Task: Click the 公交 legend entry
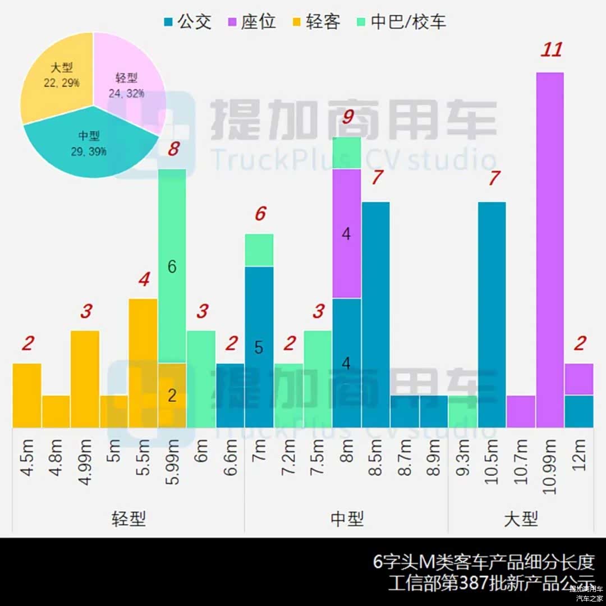click(187, 22)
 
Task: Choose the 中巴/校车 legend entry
click(402, 22)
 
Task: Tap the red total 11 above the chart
click(550, 50)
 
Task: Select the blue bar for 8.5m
click(375, 314)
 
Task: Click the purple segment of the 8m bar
click(346, 233)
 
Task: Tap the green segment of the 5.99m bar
click(172, 266)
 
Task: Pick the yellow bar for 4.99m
click(85, 379)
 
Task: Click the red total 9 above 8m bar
click(347, 118)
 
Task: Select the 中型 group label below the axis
click(347, 518)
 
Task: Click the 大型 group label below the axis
click(521, 518)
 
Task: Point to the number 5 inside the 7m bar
click(259, 348)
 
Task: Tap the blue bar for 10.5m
click(492, 314)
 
